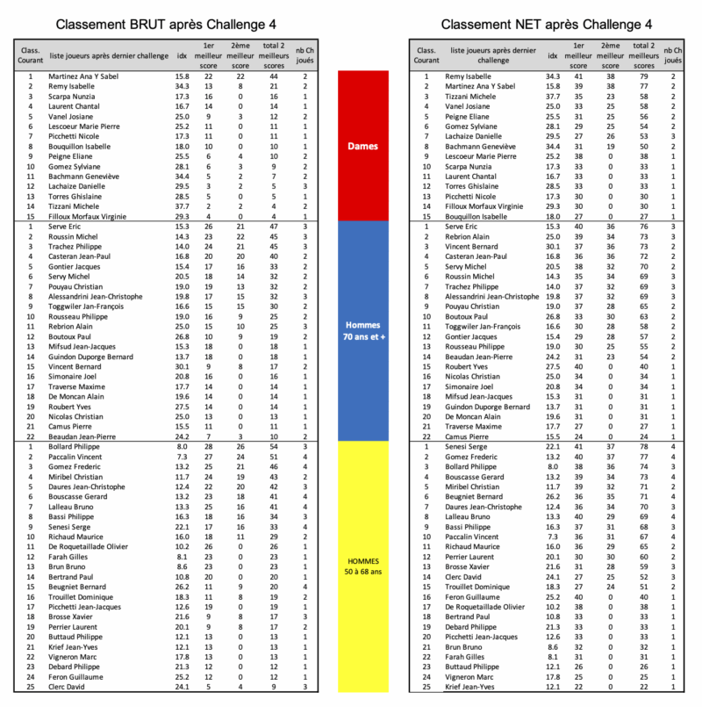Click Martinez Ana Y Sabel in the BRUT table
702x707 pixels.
(x=83, y=76)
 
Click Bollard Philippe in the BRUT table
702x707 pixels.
(x=76, y=447)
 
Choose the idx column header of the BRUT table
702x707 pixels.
(x=182, y=55)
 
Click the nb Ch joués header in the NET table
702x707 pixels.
(x=672, y=56)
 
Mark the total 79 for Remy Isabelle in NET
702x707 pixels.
(x=643, y=76)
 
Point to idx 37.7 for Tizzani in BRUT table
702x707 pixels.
(x=182, y=206)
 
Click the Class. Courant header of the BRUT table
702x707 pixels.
(x=30, y=55)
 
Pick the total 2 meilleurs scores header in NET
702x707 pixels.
(x=643, y=55)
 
